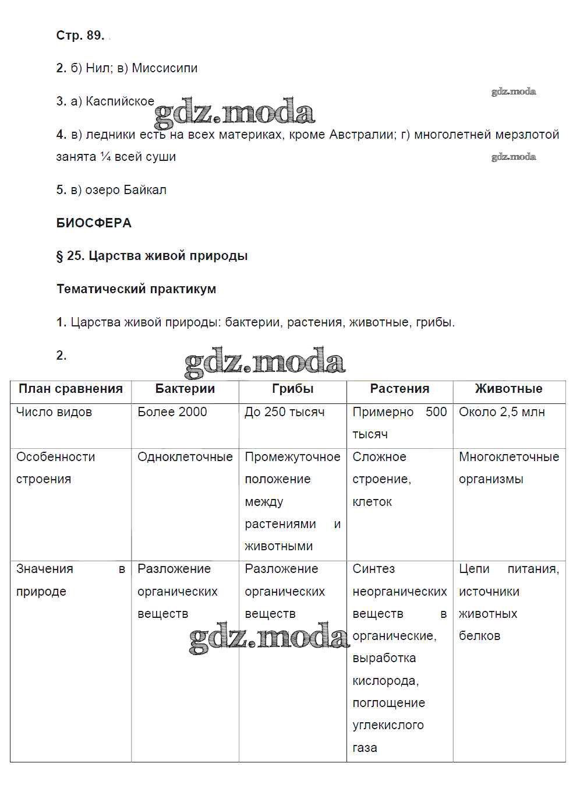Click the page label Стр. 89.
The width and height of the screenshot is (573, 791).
point(80,36)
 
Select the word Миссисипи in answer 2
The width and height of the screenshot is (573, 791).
point(165,68)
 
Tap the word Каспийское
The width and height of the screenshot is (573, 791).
point(120,101)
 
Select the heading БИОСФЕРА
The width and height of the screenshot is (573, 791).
point(94,223)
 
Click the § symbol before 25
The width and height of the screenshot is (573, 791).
point(59,256)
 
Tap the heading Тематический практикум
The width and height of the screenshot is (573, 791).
point(136,289)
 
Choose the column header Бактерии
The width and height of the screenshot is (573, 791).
point(185,389)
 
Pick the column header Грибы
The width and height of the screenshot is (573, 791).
point(292,389)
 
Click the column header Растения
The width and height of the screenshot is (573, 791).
point(399,389)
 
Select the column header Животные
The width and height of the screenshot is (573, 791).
point(508,389)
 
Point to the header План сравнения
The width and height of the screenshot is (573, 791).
point(70,389)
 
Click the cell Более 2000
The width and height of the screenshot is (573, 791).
point(172,412)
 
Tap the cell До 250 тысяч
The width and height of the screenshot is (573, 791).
point(284,412)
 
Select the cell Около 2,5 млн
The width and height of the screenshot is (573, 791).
point(501,412)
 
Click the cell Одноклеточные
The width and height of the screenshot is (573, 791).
point(185,457)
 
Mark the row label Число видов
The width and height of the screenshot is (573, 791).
point(54,412)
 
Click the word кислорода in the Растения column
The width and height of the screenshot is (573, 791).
point(385,681)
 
